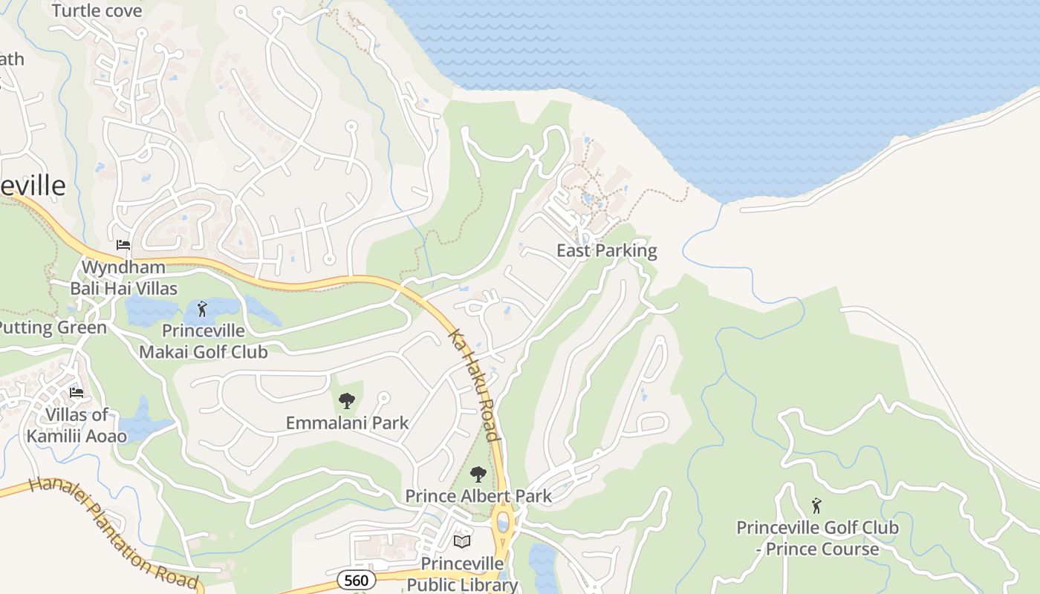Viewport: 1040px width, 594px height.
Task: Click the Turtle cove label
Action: point(97,11)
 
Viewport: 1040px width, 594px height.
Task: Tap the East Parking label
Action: point(606,251)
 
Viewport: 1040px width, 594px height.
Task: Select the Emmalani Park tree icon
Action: point(346,401)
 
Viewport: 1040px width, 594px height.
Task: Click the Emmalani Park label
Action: point(347,423)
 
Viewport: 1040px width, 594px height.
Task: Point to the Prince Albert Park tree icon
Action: point(478,474)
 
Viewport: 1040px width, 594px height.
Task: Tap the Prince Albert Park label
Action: point(478,496)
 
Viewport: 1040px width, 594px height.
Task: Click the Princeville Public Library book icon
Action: point(462,541)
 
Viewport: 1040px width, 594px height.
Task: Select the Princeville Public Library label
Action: point(462,574)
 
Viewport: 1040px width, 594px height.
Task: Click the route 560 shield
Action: point(357,579)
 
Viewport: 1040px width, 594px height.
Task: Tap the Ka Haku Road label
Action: point(474,385)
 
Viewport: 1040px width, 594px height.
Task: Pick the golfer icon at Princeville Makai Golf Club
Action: point(202,309)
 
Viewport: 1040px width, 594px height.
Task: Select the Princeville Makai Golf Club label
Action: point(204,342)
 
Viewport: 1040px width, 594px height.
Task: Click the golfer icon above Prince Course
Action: point(816,506)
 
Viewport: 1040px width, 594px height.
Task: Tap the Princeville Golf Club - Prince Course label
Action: point(817,538)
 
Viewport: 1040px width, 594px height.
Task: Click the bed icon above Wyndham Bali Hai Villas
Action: point(123,245)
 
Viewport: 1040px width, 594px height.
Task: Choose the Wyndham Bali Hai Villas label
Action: point(123,278)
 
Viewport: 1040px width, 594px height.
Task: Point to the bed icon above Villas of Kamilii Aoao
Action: point(77,392)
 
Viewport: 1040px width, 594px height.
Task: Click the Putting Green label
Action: point(52,327)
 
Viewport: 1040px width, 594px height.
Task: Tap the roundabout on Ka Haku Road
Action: point(502,520)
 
